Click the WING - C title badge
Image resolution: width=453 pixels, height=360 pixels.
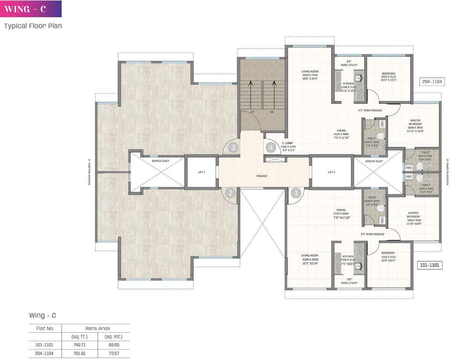[x=31, y=9]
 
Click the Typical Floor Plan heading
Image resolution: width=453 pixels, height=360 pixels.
[x=33, y=26]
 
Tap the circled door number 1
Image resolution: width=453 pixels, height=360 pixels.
[x=296, y=192]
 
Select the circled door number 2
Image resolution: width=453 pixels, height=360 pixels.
[x=230, y=192]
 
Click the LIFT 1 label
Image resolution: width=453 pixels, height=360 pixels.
[x=202, y=172]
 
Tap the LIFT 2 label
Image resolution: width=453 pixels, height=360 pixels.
[x=331, y=172]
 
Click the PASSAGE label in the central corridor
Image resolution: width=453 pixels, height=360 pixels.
[x=262, y=176]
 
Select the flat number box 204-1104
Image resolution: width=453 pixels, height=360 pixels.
[x=432, y=81]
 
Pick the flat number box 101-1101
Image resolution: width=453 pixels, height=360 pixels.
[x=429, y=265]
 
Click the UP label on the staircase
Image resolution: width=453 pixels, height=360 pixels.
[x=252, y=112]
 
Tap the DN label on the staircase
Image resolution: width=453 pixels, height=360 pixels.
[x=271, y=112]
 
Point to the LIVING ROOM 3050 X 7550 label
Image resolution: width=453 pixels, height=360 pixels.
[x=310, y=76]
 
